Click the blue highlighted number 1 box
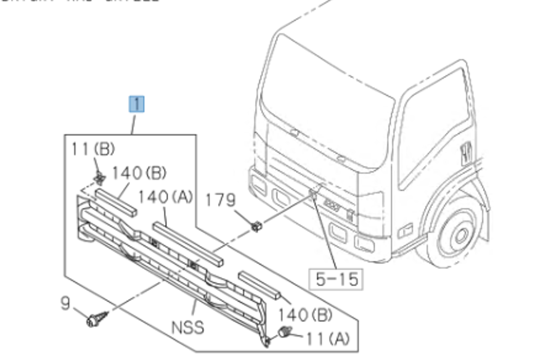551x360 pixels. point(136,104)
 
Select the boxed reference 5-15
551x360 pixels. point(336,279)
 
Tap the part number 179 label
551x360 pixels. point(220,200)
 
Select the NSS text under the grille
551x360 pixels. point(188,326)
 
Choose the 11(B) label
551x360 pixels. point(92,149)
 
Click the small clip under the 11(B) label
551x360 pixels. point(99,179)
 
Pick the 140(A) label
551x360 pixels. point(165,197)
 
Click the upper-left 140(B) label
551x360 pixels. point(139,173)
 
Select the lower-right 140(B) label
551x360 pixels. point(304,314)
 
